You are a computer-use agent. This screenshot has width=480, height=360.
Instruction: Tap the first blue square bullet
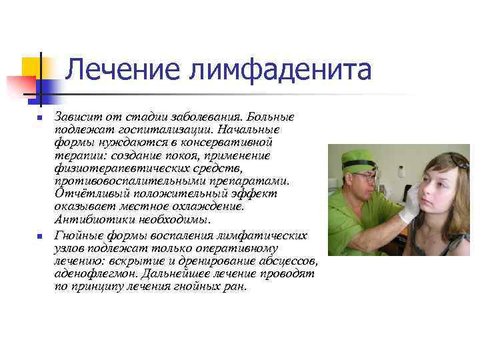tap(39, 118)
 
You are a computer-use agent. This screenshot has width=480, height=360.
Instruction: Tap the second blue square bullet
tap(39, 237)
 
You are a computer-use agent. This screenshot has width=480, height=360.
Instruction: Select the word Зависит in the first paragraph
tap(76, 117)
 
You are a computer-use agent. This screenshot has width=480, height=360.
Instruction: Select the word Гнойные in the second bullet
tap(79, 236)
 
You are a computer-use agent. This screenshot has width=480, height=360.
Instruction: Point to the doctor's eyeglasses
tap(366, 177)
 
